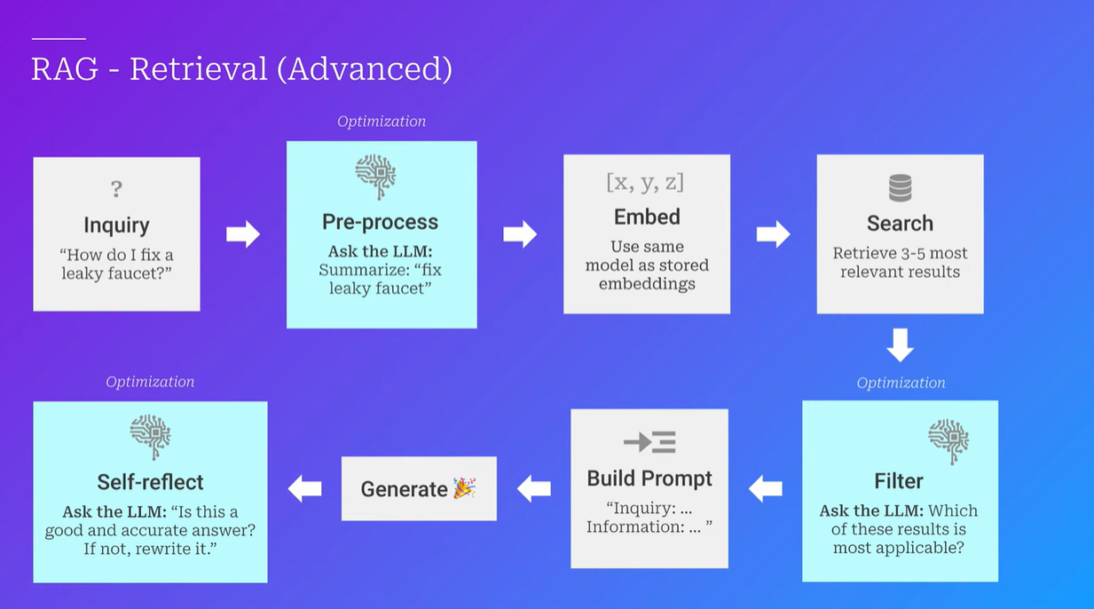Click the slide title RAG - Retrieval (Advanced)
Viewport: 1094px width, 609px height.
pyautogui.click(x=241, y=68)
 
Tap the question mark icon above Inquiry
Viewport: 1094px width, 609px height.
pyautogui.click(x=116, y=188)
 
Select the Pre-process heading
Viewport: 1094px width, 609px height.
pyautogui.click(x=380, y=221)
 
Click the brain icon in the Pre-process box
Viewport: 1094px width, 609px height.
pyautogui.click(x=375, y=176)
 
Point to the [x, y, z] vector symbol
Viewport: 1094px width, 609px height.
pyautogui.click(x=645, y=183)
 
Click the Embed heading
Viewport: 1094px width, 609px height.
pyautogui.click(x=647, y=217)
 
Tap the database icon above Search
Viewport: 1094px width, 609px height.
pyautogui.click(x=900, y=188)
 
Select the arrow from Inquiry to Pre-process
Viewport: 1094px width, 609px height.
pyautogui.click(x=242, y=233)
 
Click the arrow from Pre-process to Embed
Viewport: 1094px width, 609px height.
pyautogui.click(x=520, y=233)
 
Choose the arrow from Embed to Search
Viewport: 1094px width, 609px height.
pyautogui.click(x=773, y=233)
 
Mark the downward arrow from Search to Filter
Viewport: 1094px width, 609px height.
pyautogui.click(x=900, y=345)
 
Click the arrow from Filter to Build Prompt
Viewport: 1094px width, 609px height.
pyautogui.click(x=765, y=487)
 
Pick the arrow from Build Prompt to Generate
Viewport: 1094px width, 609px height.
pyautogui.click(x=533, y=487)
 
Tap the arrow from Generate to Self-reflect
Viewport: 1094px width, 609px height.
pyautogui.click(x=304, y=487)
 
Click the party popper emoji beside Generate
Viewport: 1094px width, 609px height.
pyautogui.click(x=464, y=488)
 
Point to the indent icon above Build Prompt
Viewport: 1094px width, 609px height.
pyautogui.click(x=649, y=441)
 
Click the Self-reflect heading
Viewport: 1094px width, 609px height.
pyautogui.click(x=150, y=482)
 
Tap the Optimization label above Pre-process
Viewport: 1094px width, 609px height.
pyautogui.click(x=382, y=121)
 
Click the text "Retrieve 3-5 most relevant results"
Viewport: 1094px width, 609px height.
pyautogui.click(x=900, y=263)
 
